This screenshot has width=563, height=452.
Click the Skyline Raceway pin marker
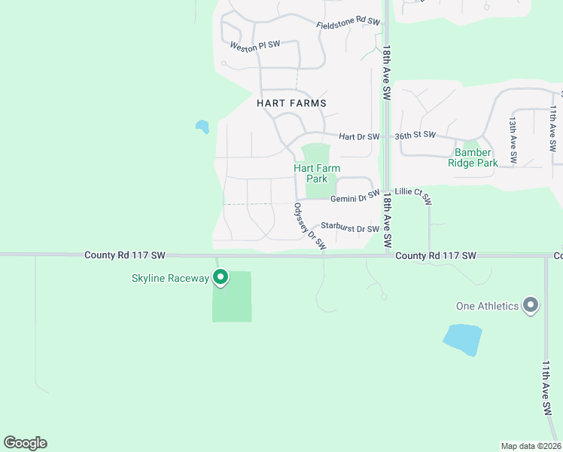pos(221,278)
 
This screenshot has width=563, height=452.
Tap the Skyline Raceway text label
pos(171,279)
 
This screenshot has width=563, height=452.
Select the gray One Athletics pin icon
pos(531,305)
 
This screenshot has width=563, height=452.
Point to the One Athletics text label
pos(488,306)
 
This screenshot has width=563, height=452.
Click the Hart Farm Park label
pos(311,173)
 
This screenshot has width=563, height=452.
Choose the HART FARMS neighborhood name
pos(291,102)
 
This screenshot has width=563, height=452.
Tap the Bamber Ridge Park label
pos(473,157)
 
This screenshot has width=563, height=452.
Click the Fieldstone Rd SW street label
pos(348,24)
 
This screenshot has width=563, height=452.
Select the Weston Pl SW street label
pos(255,45)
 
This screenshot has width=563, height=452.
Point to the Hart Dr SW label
pos(357,136)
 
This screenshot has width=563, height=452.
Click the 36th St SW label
pos(415,135)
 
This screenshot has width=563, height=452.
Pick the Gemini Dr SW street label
pos(354,197)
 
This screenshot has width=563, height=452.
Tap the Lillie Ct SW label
pos(413,195)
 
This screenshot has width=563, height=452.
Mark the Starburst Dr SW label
pos(349,228)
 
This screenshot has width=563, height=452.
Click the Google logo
pos(25,443)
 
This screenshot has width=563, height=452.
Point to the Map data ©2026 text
pos(531,446)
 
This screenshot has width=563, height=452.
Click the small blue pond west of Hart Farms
pos(202,127)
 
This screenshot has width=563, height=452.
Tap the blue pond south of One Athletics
pos(462,339)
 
